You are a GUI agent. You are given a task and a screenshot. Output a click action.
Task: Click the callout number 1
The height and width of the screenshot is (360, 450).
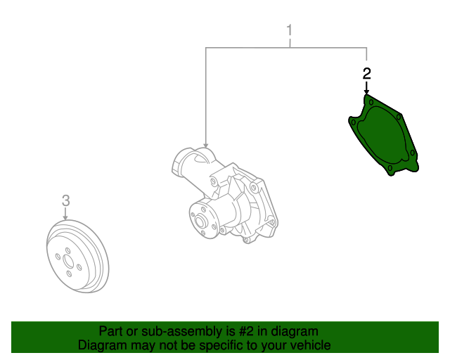289,30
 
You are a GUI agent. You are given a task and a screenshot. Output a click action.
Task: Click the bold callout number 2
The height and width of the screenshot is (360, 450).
366,74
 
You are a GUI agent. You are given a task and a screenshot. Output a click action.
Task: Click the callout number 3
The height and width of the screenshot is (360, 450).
65,200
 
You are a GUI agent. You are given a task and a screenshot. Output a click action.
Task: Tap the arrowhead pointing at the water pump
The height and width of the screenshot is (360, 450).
205,146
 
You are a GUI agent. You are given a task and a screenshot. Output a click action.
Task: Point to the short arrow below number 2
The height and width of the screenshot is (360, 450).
366,88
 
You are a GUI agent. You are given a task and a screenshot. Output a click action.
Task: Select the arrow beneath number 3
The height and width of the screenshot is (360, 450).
65,214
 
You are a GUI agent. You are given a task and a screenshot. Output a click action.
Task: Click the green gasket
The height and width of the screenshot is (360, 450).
384,135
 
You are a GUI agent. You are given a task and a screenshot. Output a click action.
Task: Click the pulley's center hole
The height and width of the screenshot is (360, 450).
68,261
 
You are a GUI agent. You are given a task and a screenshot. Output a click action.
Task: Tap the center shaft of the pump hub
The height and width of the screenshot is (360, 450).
200,221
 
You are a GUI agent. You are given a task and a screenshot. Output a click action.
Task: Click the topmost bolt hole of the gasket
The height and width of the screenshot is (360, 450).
371,102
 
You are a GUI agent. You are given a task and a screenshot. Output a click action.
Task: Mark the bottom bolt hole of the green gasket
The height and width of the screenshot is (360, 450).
390,167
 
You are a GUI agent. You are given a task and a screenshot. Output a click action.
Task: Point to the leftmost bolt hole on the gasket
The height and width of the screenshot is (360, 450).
354,123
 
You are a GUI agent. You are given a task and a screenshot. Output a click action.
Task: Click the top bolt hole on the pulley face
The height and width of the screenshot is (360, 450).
67,250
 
